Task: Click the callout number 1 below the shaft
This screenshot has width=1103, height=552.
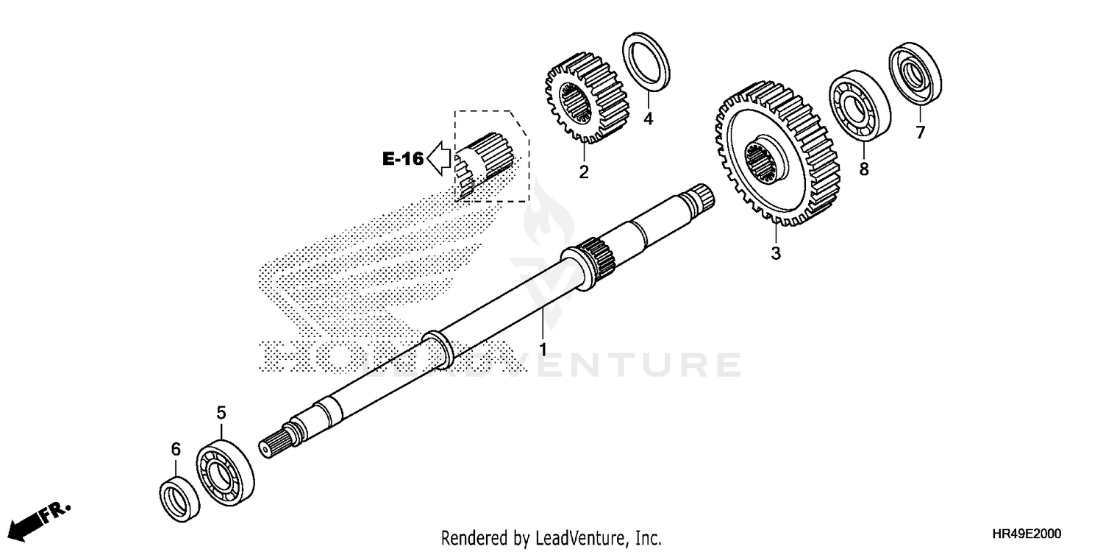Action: (543, 347)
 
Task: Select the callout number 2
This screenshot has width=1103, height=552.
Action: (583, 172)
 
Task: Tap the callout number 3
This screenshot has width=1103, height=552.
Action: (775, 253)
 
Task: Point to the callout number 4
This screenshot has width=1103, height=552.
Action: (648, 118)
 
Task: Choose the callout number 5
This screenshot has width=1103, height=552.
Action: (221, 414)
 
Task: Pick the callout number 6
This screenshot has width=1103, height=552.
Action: (176, 449)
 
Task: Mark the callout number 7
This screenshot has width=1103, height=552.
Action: (920, 132)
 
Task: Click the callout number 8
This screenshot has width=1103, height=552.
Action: (864, 169)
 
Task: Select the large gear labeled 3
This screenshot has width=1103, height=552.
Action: (765, 155)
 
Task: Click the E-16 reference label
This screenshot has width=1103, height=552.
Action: (402, 158)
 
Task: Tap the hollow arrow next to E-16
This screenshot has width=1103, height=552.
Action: (439, 158)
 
